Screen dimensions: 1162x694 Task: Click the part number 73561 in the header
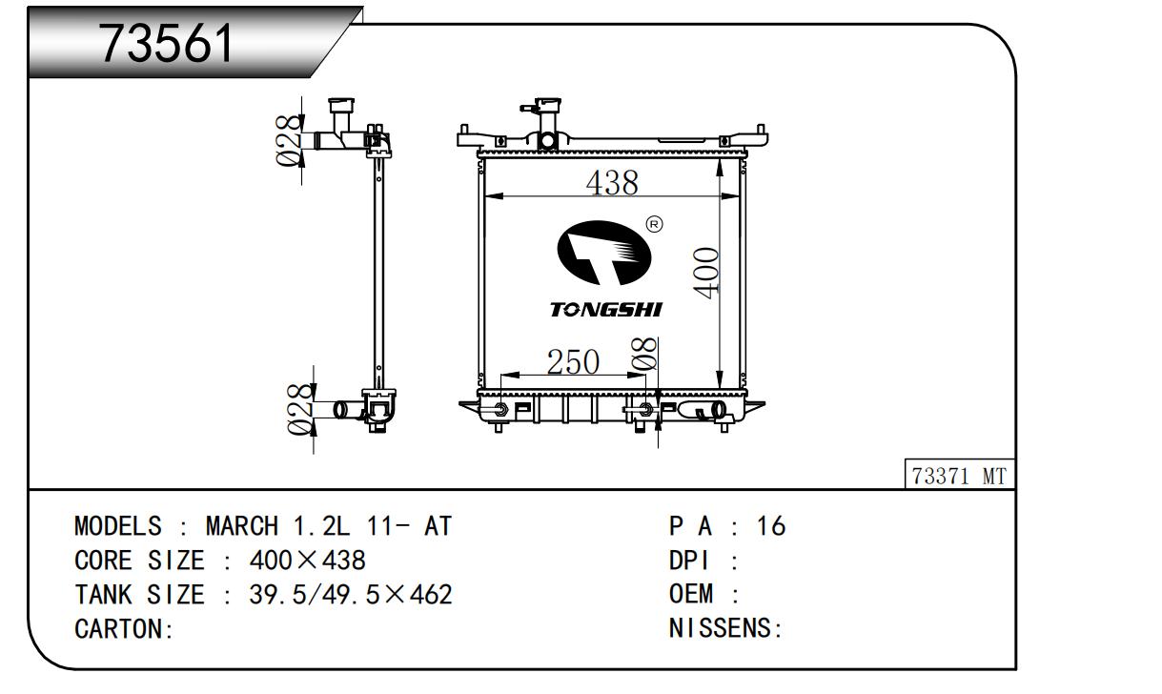click(166, 44)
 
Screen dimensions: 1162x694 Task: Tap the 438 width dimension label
click(612, 183)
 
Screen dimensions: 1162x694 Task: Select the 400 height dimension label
click(706, 273)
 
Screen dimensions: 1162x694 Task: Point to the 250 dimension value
click(573, 361)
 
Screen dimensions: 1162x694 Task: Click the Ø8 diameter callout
click(643, 354)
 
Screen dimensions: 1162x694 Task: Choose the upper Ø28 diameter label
click(289, 140)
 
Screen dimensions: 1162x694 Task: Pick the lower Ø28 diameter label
click(301, 409)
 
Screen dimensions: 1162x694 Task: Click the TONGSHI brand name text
click(606, 310)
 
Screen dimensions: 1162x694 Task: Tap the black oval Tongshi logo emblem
click(603, 253)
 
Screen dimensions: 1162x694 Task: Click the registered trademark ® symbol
click(654, 224)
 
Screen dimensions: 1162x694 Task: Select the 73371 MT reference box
click(959, 474)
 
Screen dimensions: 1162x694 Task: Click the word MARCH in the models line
click(242, 526)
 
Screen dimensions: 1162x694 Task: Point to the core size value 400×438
click(308, 561)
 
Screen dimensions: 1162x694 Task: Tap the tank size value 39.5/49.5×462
click(351, 595)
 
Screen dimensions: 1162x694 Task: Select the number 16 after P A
click(771, 526)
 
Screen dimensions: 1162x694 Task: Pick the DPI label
click(689, 561)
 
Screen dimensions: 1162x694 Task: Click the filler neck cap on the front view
click(548, 103)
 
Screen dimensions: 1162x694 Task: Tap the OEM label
click(691, 594)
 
